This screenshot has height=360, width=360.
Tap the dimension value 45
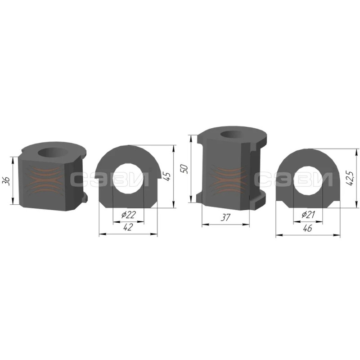point(167,176)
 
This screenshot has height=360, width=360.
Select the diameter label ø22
point(129,215)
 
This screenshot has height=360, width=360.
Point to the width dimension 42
point(128,227)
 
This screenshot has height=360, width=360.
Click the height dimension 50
point(184,169)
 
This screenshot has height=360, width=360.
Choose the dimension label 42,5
point(351,178)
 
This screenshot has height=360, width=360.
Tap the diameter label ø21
point(308,215)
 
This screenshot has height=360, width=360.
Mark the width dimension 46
point(307,228)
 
